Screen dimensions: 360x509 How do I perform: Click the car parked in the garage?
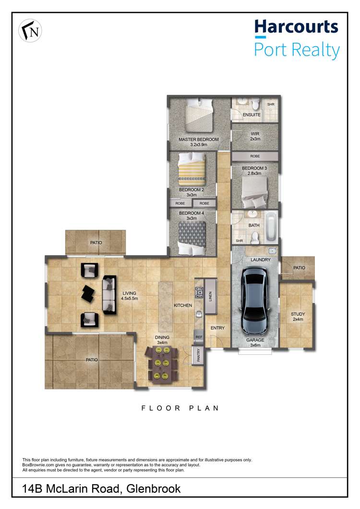pos(255,301)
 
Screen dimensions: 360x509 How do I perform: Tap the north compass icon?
pos(30,31)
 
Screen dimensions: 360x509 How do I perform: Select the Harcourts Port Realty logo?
pos(297,39)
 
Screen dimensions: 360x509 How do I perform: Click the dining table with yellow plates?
pos(162,363)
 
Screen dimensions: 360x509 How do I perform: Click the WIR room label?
pos(255,133)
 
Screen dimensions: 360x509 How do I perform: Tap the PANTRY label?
pos(198,355)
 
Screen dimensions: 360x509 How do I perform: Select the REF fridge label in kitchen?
pos(199,337)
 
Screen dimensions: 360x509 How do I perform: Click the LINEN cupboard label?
pos(210,296)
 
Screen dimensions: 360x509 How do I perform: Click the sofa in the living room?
pos(109,294)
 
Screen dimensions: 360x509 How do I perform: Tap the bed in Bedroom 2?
pos(192,169)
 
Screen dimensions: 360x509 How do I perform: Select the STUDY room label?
pos(298,314)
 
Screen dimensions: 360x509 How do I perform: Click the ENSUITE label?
pos(252,115)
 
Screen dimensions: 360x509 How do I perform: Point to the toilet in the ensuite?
pos(255,104)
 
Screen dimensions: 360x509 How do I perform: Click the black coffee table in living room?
pos(88,293)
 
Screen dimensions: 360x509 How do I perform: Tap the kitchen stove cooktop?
pos(199,292)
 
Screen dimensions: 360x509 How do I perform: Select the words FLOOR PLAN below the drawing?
pos(180,408)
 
